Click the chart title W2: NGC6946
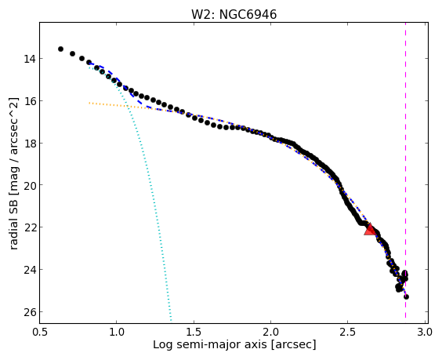point(234,14)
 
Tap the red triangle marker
point(370,229)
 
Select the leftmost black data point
point(60,49)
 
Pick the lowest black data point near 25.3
point(406,296)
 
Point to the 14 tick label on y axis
point(29,59)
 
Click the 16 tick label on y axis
point(29,100)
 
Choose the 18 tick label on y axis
point(29,143)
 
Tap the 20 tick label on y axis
point(29,185)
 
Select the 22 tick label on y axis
point(29,227)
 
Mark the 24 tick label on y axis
point(29,270)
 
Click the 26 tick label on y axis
point(29,311)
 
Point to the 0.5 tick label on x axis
point(40,332)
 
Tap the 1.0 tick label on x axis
point(117,332)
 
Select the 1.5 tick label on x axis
point(194,332)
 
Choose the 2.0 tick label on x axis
point(270,332)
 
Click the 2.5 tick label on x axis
point(348,332)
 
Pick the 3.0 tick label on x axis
point(425,332)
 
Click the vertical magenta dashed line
point(405,170)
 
